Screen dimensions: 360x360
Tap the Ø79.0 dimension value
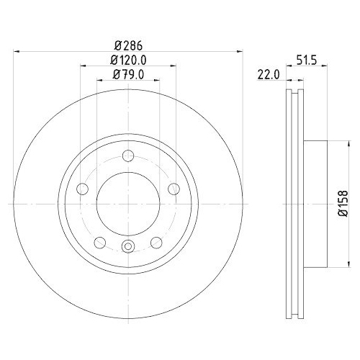coord(127,73)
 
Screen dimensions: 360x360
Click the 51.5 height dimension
coord(307,60)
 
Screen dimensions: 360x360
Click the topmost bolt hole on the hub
coord(128,156)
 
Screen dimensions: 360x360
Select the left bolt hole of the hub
coord(82,189)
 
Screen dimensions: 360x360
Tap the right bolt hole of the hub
coord(174,189)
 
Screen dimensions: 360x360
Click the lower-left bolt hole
coord(100,242)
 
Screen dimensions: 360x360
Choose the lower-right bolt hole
coord(156,242)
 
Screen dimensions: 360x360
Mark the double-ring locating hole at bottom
coord(128,248)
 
